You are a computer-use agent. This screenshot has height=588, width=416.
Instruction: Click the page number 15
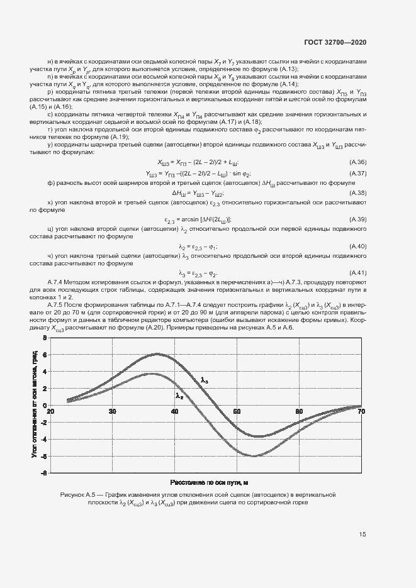pyautogui.click(x=363, y=535)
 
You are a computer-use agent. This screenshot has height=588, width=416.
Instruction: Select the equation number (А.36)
pyautogui.click(x=357, y=162)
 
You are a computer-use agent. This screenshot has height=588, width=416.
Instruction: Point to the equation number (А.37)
pyautogui.click(x=357, y=174)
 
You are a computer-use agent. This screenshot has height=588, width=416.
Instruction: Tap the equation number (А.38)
pyautogui.click(x=357, y=193)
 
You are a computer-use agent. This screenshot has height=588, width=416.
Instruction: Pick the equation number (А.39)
pyautogui.click(x=357, y=219)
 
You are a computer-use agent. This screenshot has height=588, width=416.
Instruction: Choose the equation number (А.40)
pyautogui.click(x=357, y=246)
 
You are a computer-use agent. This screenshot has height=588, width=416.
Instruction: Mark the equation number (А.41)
pyautogui.click(x=357, y=272)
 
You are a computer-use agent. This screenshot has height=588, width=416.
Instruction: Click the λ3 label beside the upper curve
pyautogui.click(x=205, y=380)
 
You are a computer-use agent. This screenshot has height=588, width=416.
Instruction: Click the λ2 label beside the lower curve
pyautogui.click(x=179, y=396)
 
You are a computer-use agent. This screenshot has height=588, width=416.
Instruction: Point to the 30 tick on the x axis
pyautogui.click(x=113, y=412)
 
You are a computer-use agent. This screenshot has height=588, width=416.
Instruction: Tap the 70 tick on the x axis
pyautogui.click(x=361, y=412)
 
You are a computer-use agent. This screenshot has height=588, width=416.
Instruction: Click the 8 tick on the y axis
pyautogui.click(x=44, y=338)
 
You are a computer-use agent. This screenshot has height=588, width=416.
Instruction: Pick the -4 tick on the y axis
pyautogui.click(x=43, y=440)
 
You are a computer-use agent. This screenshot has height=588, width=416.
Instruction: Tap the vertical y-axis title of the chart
pyautogui.click(x=35, y=406)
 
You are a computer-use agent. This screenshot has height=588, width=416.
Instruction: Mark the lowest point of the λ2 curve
pyautogui.click(x=253, y=456)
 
